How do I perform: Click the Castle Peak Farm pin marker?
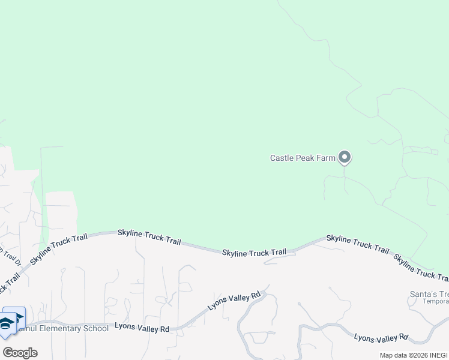click(x=344, y=157)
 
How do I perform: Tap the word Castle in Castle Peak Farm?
click(x=281, y=158)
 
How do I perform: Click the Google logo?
click(x=20, y=352)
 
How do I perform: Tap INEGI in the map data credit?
click(x=437, y=355)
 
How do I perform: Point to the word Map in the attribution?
click(x=386, y=355)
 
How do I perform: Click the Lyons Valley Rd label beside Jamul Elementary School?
click(x=142, y=328)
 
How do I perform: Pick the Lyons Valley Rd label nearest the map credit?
click(x=381, y=338)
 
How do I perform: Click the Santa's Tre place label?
click(x=428, y=294)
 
